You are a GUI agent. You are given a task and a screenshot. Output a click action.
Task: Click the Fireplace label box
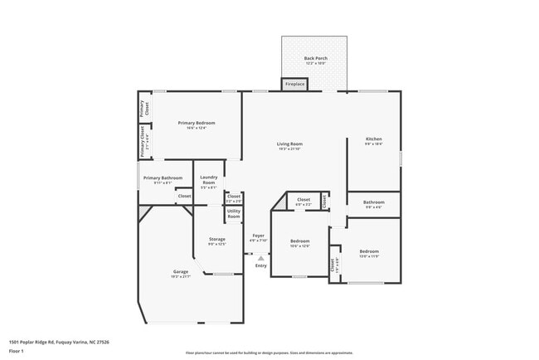pos(294,85)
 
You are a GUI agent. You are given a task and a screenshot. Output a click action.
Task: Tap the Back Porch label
pos(315,59)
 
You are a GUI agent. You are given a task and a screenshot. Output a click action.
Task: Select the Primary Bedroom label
pos(196,123)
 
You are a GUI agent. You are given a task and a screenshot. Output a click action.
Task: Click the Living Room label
pos(289,144)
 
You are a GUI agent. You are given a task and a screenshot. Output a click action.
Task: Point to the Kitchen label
pos(374,139)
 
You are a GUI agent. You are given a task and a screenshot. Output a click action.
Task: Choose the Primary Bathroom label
pos(163,178)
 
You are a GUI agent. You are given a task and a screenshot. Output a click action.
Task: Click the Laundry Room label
pos(209,180)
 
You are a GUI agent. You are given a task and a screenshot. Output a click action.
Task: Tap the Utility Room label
pos(234,214)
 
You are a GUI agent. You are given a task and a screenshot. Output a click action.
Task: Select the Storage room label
pos(216,240)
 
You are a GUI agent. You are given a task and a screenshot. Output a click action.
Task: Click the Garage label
pos(180,272)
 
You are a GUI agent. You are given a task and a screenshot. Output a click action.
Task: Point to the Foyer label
pos(259,236)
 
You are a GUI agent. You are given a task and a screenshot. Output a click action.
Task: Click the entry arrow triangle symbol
pos(260,258)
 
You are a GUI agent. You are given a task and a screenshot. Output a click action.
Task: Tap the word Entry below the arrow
pos(260,265)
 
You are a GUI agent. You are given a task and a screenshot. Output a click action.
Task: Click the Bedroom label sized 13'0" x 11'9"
pos(369,251)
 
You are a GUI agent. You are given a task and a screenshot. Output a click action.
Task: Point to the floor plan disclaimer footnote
pos(269,352)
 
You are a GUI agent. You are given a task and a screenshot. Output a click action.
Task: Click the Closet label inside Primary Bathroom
pos(184,196)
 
